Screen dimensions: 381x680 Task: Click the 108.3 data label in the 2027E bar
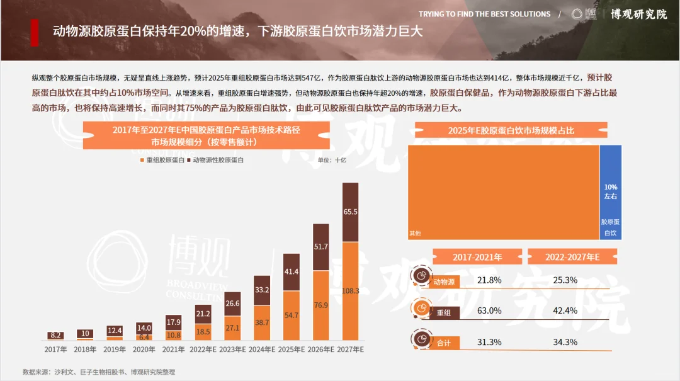click(x=350, y=291)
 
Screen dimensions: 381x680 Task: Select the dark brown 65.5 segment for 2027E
click(x=350, y=212)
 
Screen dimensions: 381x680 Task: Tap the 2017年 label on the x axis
click(x=55, y=349)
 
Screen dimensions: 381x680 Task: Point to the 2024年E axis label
click(x=262, y=349)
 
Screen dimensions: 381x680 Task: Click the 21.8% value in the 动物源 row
click(x=489, y=280)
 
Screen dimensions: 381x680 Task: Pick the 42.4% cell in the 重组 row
click(x=565, y=310)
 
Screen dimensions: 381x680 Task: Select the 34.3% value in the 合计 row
click(x=565, y=342)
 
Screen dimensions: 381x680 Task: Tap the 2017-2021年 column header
click(x=477, y=257)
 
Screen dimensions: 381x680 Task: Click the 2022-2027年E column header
click(x=572, y=257)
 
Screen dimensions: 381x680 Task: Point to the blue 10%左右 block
click(x=610, y=192)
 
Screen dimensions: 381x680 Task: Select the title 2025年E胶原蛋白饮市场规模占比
click(x=511, y=130)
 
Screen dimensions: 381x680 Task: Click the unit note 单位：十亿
click(x=332, y=160)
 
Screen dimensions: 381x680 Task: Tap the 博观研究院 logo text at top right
click(x=638, y=14)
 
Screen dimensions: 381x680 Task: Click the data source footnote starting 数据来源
click(x=99, y=372)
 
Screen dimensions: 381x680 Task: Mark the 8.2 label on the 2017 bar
click(x=55, y=336)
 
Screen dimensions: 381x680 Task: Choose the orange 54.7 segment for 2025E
click(x=291, y=315)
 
